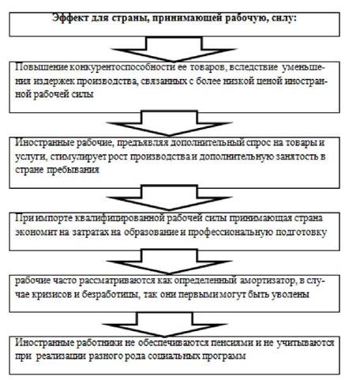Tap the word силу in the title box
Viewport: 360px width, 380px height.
pos(284,19)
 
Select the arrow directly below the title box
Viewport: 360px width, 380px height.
pos(174,49)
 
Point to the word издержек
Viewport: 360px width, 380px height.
pos(54,81)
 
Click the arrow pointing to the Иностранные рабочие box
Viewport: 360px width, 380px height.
pos(169,123)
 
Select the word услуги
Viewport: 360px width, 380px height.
pos(31,157)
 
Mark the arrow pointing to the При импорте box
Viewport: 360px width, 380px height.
pos(169,198)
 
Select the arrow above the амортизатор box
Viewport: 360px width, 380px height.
pos(169,261)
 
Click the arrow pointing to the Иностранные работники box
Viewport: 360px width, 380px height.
pos(165,324)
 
